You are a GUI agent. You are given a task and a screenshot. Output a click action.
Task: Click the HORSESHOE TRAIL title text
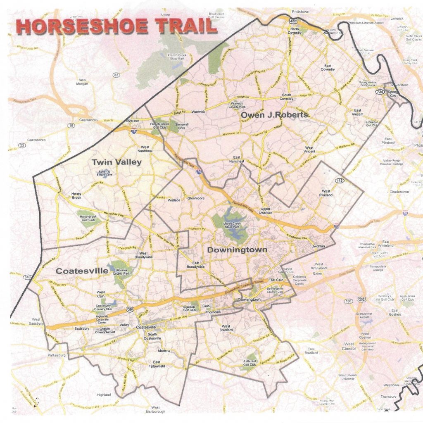coord(117,26)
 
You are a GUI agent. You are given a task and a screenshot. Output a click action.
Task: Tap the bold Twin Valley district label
coord(116,162)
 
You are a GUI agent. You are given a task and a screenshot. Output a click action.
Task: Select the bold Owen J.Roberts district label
coord(274,114)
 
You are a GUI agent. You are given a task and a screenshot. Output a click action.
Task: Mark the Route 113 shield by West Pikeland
coord(339,180)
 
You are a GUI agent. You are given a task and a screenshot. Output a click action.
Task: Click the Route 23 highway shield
coord(21,145)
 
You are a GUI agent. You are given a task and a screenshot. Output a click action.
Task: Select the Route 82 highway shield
coord(116,75)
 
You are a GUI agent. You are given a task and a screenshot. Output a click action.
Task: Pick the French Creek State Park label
coord(177,57)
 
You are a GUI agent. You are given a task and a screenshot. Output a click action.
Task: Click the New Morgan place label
coord(82,82)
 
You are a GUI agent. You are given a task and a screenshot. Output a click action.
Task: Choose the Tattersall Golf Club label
coord(248,363)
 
